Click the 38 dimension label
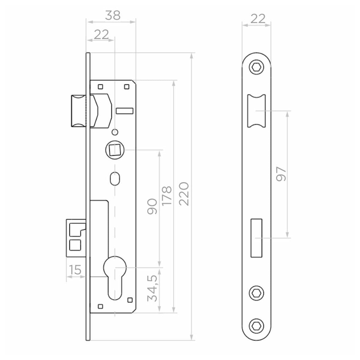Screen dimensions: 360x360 point(113,15)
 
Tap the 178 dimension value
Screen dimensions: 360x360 point(166,196)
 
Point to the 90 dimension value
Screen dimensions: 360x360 point(152,206)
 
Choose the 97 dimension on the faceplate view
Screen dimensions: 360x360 point(281,174)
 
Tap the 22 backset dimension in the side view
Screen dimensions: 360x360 point(101,34)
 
